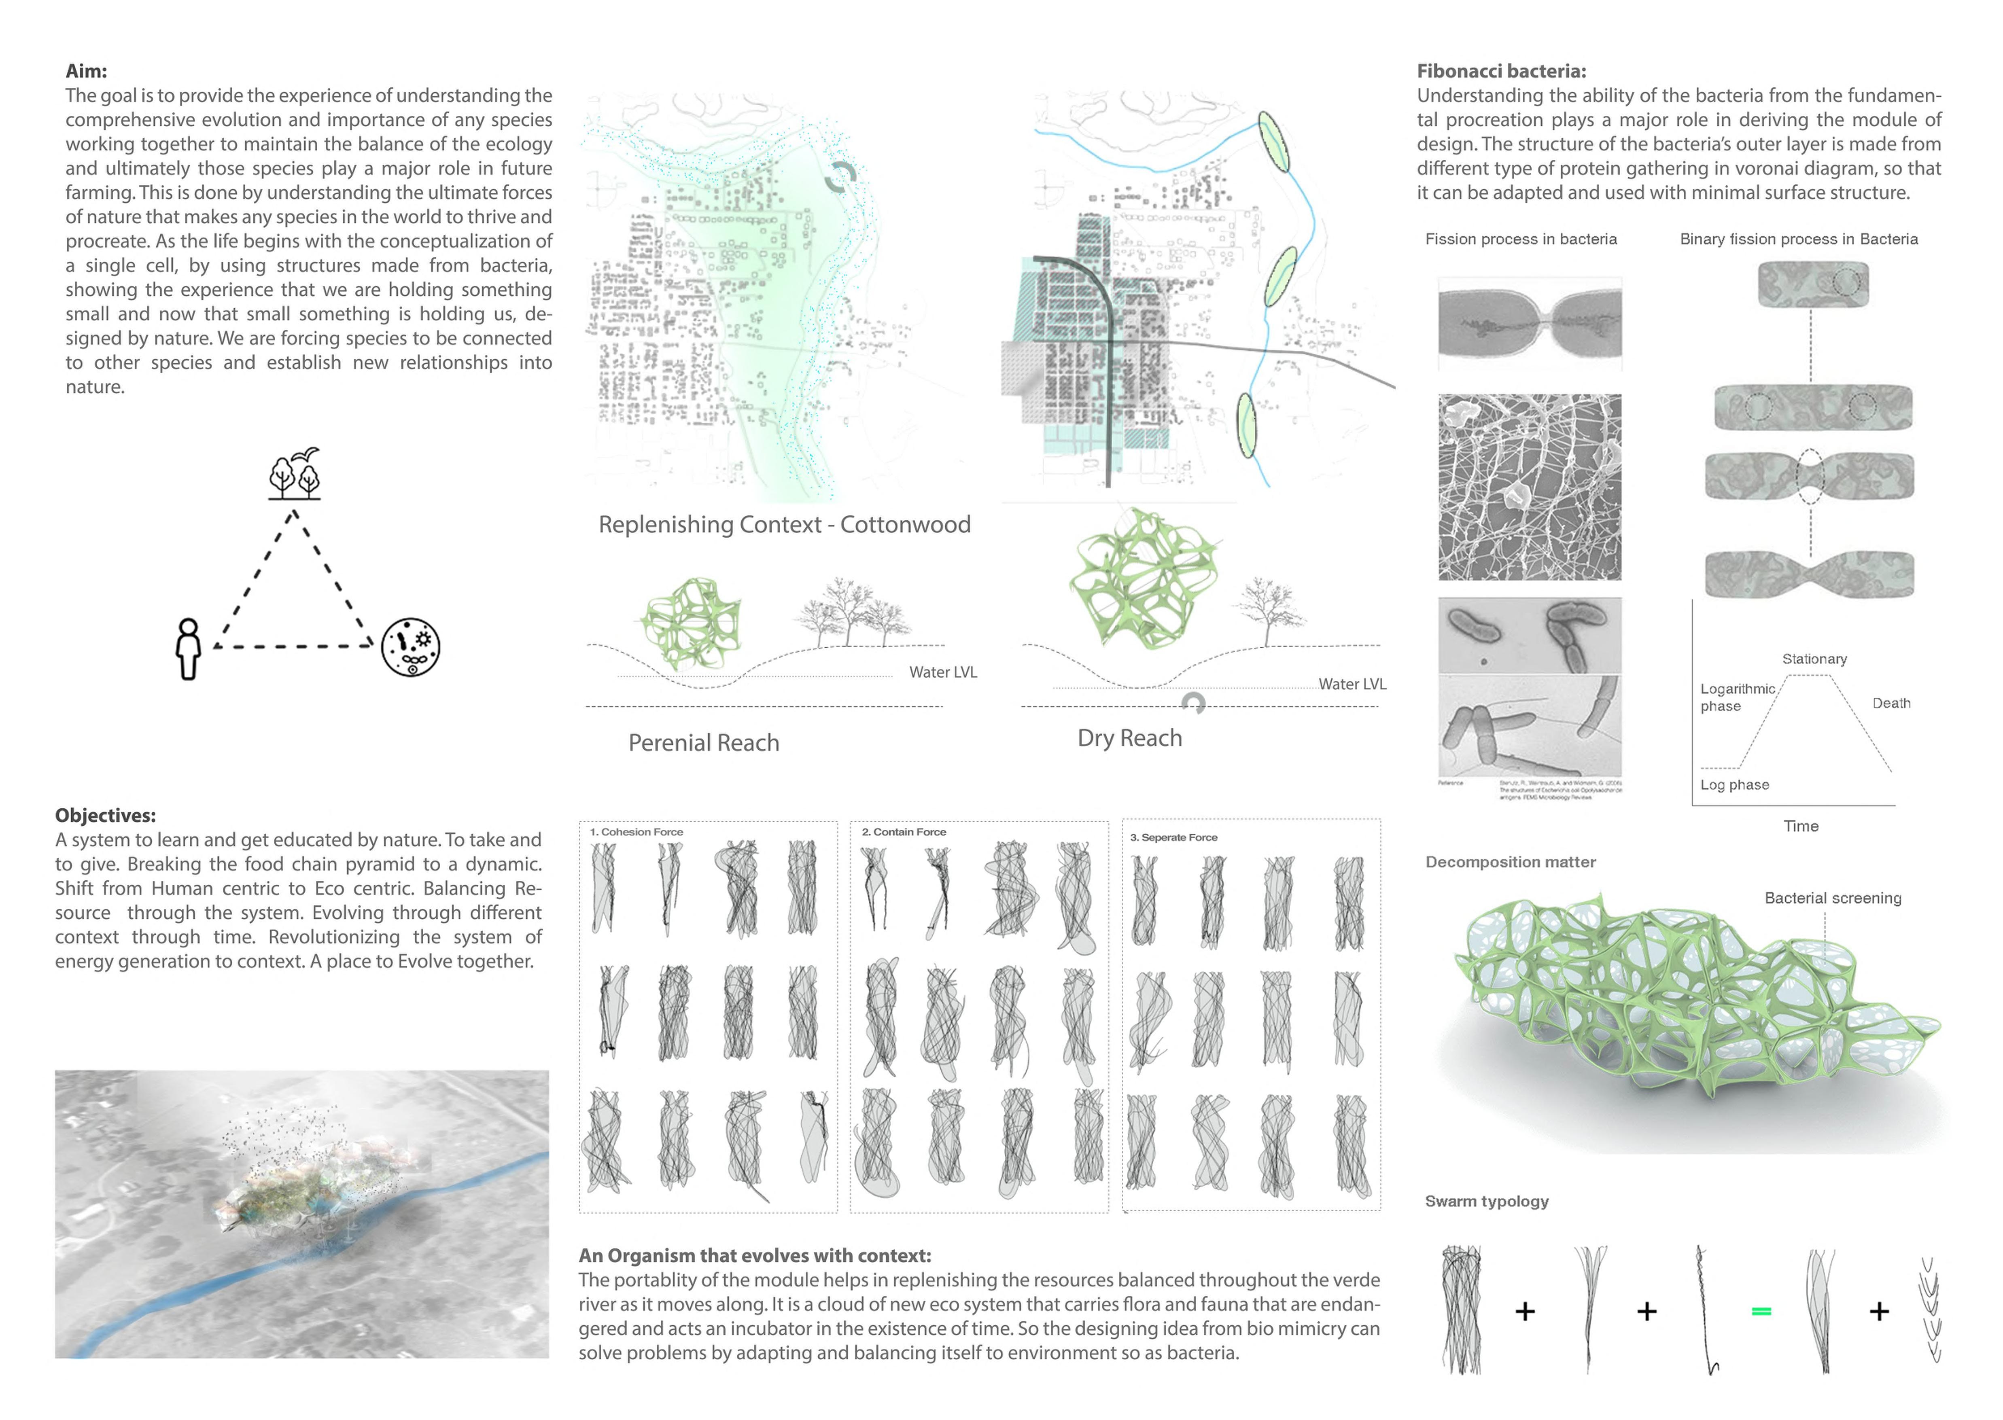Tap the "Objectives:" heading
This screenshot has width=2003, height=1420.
click(x=105, y=815)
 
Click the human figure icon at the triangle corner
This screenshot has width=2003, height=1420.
click(x=188, y=649)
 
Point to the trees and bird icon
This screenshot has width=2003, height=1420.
click(x=295, y=473)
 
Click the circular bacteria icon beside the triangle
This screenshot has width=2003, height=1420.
click(x=410, y=647)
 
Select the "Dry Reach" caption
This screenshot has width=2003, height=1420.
click(x=1129, y=738)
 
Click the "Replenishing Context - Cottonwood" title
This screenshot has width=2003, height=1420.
click(x=784, y=525)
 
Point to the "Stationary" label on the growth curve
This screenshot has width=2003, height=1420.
click(x=1814, y=659)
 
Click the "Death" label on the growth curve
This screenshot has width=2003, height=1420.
click(x=1891, y=703)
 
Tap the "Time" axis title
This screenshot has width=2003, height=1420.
click(x=1801, y=826)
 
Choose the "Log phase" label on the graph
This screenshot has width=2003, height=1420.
click(x=1734, y=785)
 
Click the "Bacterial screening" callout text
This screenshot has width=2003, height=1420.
click(x=1832, y=898)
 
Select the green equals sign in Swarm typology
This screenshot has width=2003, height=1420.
click(x=1761, y=1312)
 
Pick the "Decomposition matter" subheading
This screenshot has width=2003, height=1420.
click(x=1511, y=862)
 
